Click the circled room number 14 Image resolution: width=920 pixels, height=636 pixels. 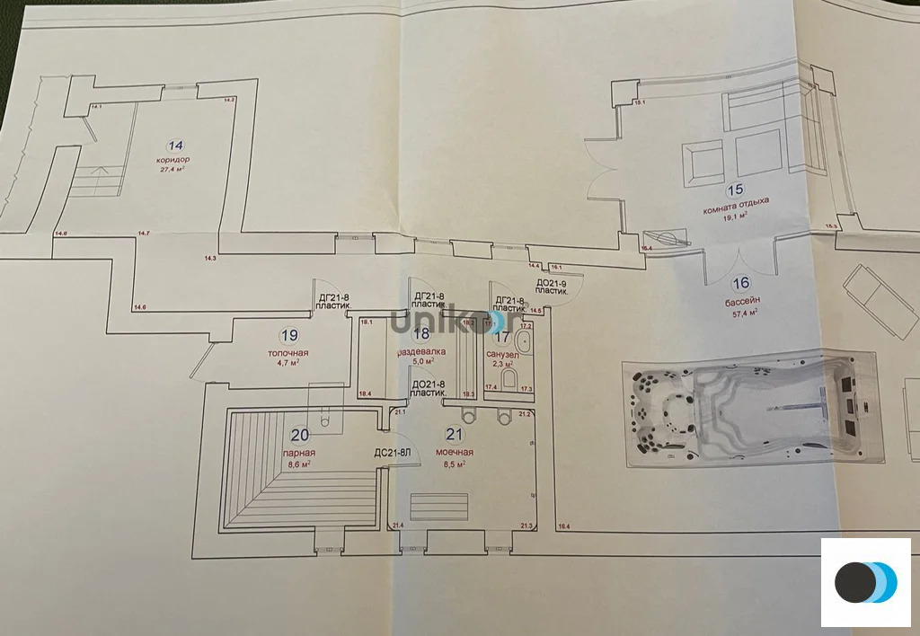[175, 145]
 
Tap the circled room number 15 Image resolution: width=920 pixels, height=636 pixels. [735, 190]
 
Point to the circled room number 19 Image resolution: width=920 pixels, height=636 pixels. [288, 336]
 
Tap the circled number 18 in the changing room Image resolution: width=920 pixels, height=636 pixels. [421, 333]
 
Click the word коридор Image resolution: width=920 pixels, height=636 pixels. [172, 160]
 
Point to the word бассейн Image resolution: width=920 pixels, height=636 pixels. [742, 302]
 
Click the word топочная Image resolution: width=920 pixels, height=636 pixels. [288, 352]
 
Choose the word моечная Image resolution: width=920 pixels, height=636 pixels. [454, 453]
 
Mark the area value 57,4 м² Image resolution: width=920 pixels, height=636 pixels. [743, 313]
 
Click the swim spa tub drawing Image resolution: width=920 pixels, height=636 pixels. [749, 410]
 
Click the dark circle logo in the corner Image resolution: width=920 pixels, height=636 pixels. [854, 582]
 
